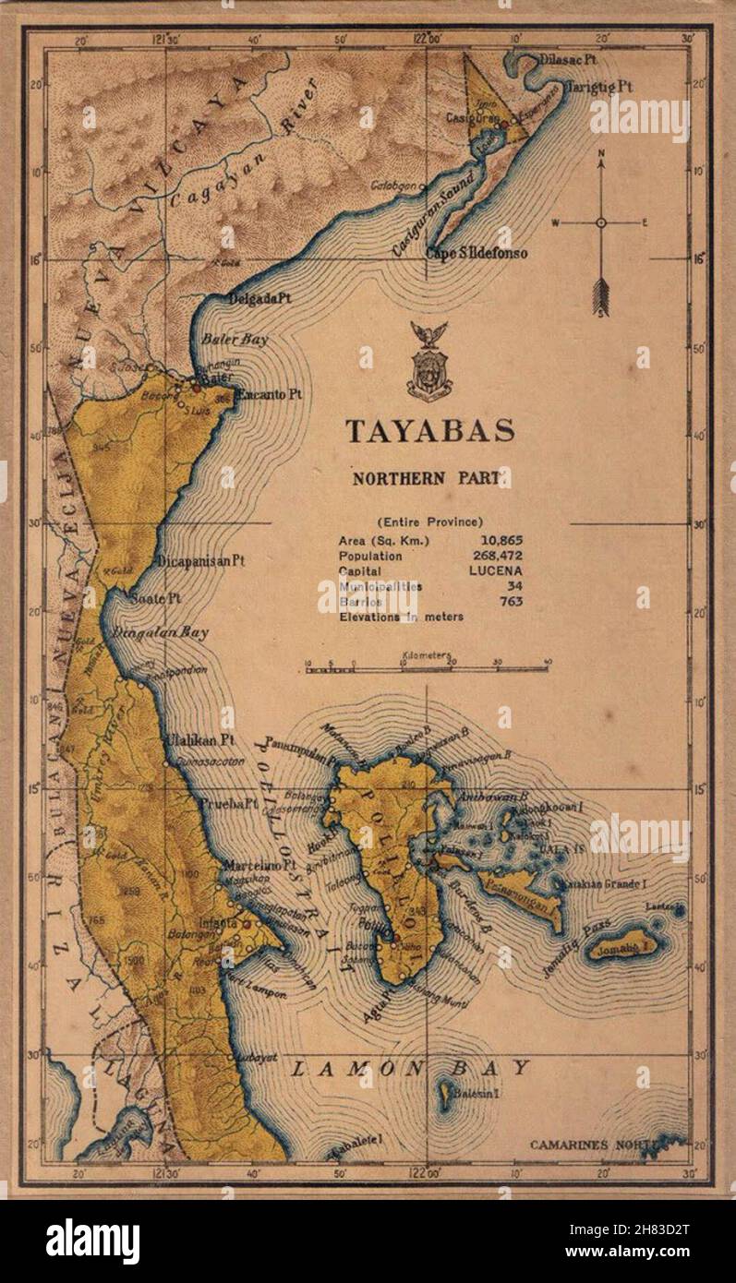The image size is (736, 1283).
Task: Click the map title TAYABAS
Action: point(429,431)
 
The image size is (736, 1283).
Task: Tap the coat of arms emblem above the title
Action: point(428,362)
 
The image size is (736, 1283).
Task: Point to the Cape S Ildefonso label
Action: point(477,253)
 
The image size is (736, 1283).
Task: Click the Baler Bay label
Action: point(235,340)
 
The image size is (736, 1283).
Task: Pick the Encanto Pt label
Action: point(268,394)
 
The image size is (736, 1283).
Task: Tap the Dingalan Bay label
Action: point(160,633)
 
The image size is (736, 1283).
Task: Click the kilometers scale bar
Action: point(428,667)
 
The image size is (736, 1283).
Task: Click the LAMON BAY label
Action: point(411,1069)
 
